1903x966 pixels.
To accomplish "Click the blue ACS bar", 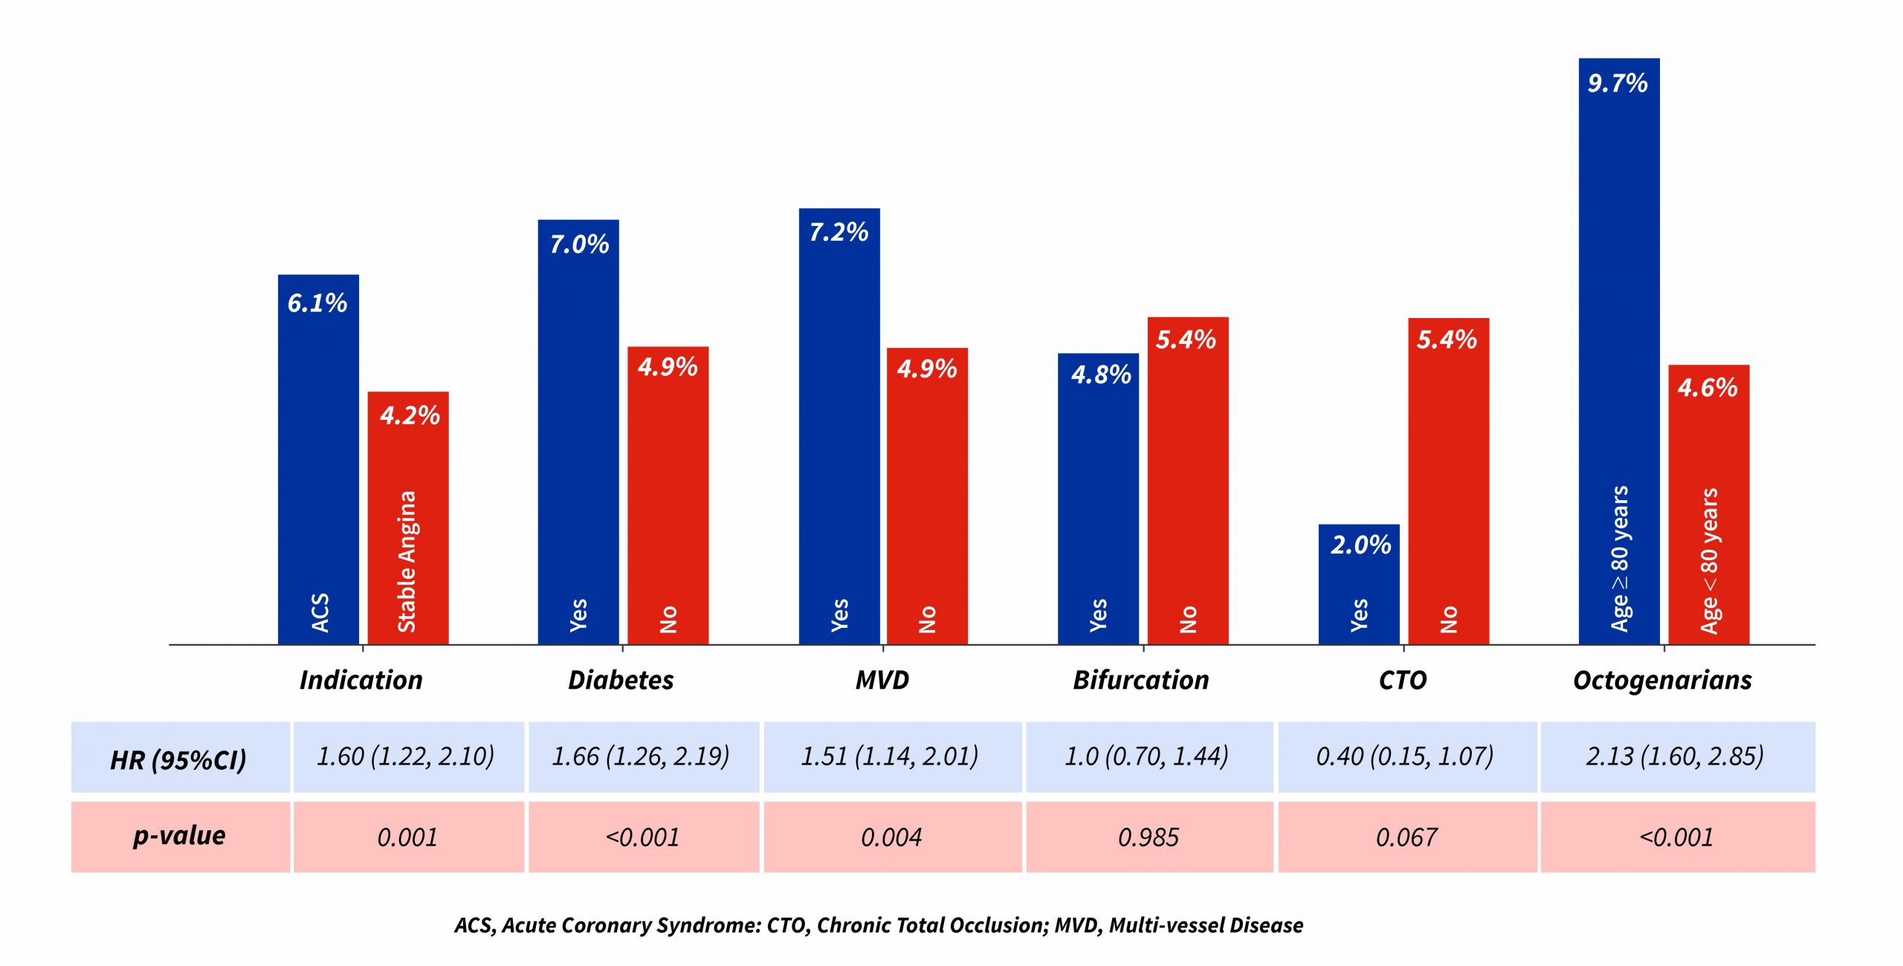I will pos(318,461).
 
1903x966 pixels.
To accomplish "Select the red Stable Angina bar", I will pos(408,520).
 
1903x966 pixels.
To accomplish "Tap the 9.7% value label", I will pos(1618,83).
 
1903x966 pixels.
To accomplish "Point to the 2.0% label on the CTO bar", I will pos(1360,545).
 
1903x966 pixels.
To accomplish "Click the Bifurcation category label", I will pos(1141,680).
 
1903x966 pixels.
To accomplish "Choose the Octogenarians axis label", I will pos(1662,680).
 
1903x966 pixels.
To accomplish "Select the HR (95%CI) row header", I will pos(178,759).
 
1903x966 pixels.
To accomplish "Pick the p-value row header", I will pos(179,836).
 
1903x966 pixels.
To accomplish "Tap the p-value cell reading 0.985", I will pos(1148,837).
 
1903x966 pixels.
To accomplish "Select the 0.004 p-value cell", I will pos(891,837).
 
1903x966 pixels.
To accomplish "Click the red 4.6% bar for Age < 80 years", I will pos(1708,505).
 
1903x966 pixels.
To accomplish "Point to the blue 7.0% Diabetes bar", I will pos(578,431).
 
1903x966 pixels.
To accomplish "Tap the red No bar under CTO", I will pos(1448,483).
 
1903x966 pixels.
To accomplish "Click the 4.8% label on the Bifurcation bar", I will pos(1101,375).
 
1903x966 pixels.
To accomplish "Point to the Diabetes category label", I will pos(621,680).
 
